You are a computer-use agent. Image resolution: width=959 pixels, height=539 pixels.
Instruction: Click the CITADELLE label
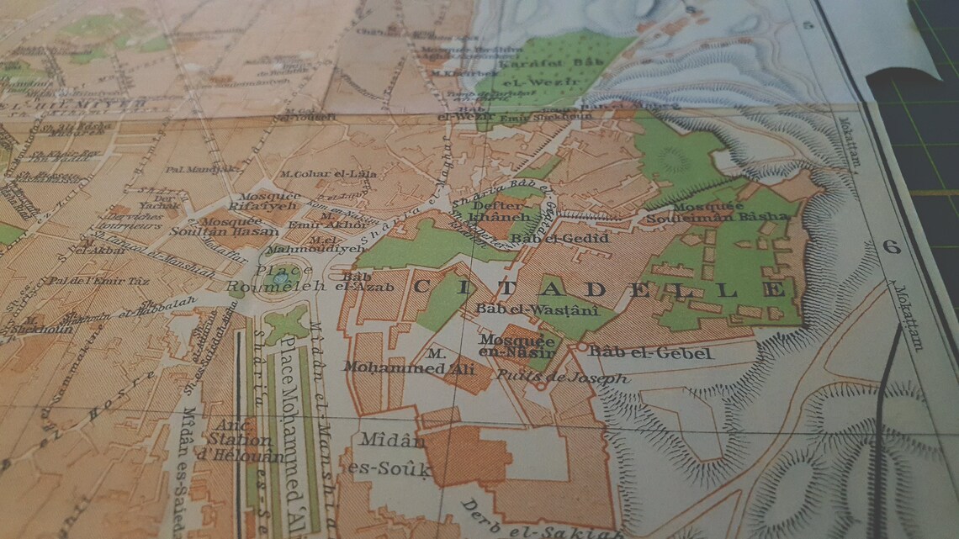(597, 288)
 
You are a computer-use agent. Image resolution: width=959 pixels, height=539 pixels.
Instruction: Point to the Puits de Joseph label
(562, 378)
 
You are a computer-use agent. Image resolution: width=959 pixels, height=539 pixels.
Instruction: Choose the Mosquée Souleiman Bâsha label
(718, 210)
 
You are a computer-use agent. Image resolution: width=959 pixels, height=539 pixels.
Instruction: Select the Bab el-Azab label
(354, 280)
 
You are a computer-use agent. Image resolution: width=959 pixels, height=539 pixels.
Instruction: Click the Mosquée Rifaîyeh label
(253, 203)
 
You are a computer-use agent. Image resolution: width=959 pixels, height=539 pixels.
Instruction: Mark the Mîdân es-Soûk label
(389, 455)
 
